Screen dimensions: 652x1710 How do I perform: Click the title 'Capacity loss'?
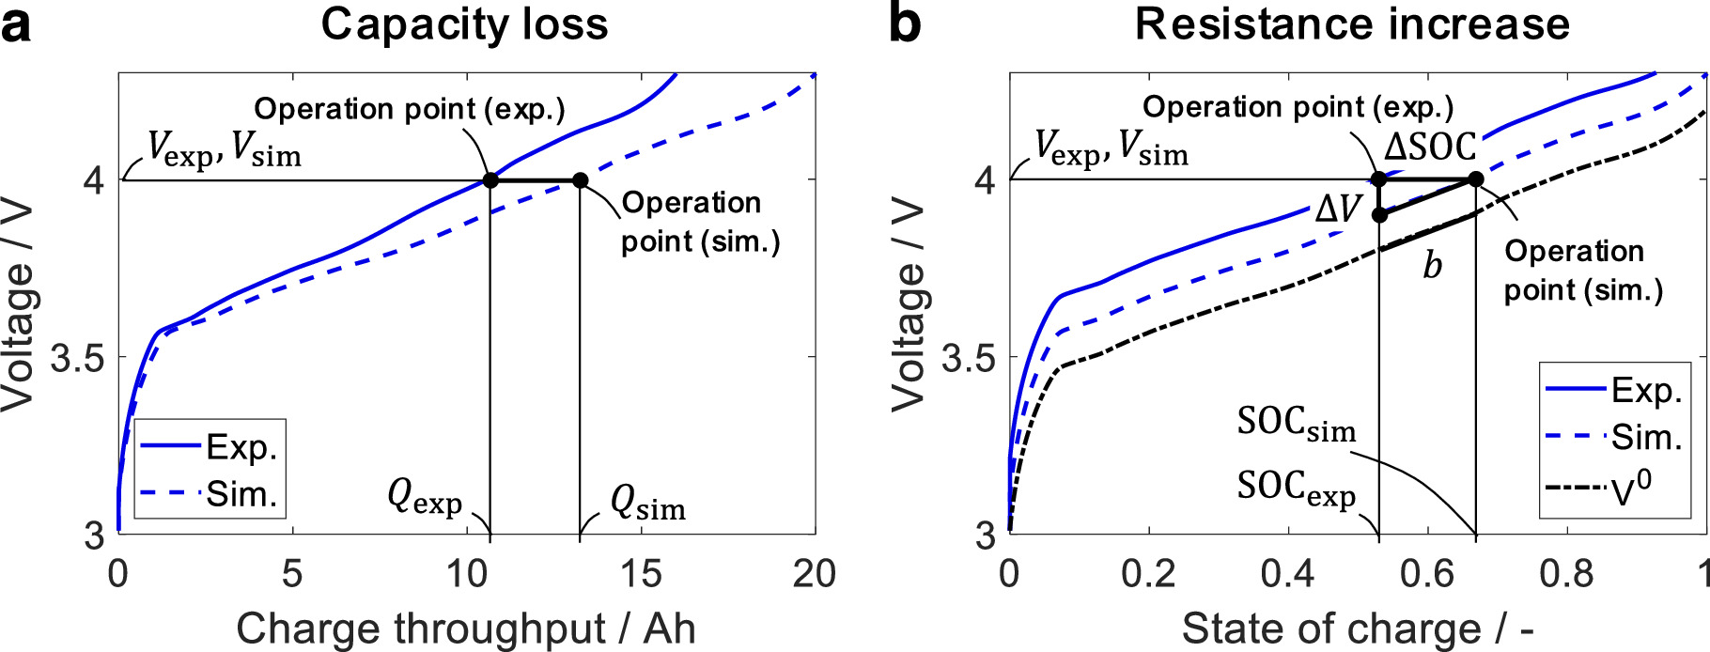464,24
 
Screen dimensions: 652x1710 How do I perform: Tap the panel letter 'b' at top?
904,24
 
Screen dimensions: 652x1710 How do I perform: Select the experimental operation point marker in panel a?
490,179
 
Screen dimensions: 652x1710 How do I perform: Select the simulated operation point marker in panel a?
580,180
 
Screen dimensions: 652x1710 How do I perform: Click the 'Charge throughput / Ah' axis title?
465,629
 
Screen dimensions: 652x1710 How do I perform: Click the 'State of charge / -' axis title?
1358,629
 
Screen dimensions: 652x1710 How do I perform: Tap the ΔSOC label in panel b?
1430,147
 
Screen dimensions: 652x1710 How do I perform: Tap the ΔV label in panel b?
1338,209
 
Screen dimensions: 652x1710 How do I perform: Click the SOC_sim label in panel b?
1297,424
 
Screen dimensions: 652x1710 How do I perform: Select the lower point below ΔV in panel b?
1379,215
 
